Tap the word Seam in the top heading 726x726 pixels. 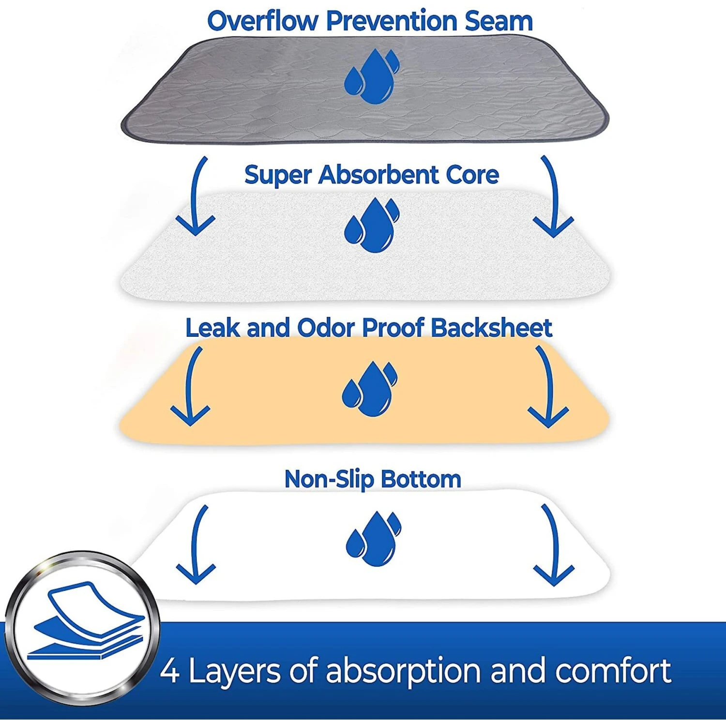499,21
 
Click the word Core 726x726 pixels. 472,175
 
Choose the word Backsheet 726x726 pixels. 491,328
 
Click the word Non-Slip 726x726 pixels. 329,479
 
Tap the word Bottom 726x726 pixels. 421,479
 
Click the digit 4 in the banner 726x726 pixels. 170,671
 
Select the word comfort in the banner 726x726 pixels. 613,671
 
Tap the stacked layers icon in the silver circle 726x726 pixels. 86,620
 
